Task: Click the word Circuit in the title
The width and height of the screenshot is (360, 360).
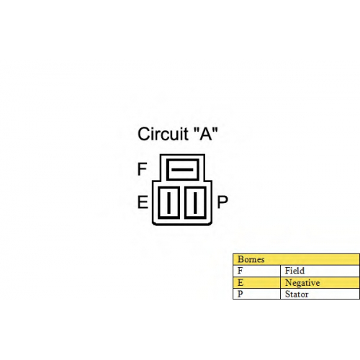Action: [x=163, y=134]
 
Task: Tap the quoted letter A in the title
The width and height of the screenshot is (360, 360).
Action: [x=206, y=133]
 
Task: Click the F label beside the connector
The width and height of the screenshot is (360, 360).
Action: [x=142, y=169]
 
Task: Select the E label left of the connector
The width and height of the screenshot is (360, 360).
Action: [x=143, y=202]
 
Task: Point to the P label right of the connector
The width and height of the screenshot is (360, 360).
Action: [x=222, y=202]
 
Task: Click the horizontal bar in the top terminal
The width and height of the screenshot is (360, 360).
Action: [x=182, y=170]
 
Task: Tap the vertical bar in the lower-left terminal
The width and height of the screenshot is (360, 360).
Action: [x=168, y=202]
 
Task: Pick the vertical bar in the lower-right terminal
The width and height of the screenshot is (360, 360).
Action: [x=195, y=202]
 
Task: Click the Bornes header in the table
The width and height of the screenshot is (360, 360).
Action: [x=251, y=259]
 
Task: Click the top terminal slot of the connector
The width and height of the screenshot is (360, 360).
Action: [x=182, y=159]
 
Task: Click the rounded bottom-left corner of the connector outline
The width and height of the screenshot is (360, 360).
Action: [x=153, y=224]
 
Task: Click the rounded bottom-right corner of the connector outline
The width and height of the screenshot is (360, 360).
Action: [x=211, y=224]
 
